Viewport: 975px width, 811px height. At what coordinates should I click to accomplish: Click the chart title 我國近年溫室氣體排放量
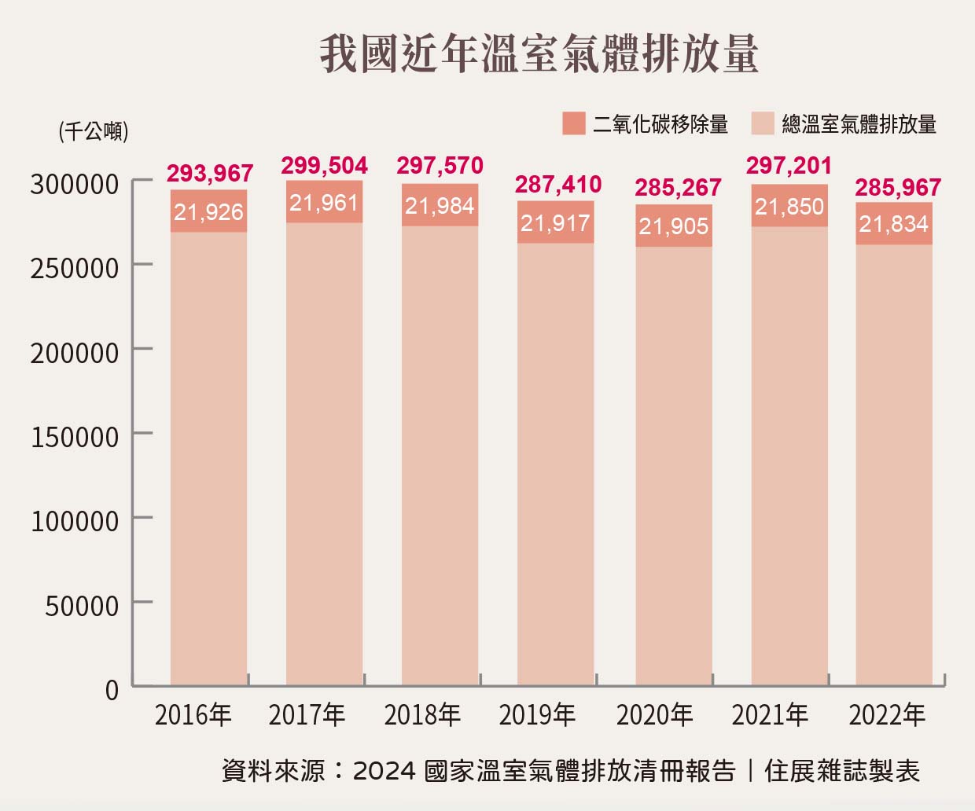tap(539, 53)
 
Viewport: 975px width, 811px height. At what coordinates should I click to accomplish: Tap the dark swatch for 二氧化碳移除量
tap(574, 123)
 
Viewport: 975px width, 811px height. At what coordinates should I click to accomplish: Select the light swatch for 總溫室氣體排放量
tap(763, 123)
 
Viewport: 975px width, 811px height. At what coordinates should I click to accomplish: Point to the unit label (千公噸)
tap(94, 130)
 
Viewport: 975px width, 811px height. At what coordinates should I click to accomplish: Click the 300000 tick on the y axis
tap(75, 184)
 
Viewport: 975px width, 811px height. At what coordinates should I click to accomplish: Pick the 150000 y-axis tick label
tap(75, 437)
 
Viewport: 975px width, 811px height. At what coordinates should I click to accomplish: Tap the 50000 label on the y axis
tap(82, 606)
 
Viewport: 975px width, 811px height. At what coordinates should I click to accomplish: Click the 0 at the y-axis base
tap(112, 690)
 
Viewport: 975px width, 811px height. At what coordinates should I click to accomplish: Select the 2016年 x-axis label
tap(193, 715)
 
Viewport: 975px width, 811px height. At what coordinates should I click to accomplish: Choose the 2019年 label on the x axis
tap(538, 715)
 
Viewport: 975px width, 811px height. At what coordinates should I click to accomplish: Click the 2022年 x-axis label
tap(887, 715)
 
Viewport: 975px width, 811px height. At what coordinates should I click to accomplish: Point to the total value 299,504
tap(325, 166)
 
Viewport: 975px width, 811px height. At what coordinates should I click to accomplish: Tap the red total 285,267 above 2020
tap(678, 188)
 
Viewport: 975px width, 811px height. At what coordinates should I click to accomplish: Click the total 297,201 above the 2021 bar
tap(789, 166)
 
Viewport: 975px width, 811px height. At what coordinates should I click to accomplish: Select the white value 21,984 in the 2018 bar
tap(440, 206)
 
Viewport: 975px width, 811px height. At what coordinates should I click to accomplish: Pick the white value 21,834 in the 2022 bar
tap(894, 224)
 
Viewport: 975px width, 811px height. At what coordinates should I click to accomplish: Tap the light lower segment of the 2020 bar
tap(674, 464)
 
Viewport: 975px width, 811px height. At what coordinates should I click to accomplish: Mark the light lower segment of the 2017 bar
tap(325, 456)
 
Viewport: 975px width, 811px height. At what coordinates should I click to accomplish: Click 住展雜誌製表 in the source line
tap(841, 771)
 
